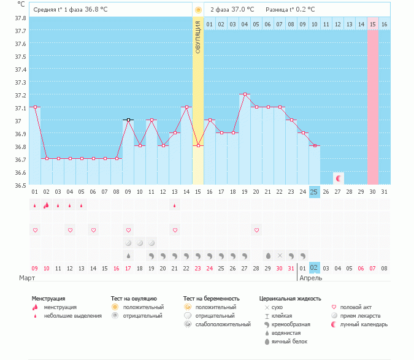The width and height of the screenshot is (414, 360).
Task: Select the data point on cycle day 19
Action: [x=245, y=94]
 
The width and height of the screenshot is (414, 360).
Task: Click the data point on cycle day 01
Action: [x=35, y=107]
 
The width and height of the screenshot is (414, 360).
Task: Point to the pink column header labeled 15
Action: [x=372, y=25]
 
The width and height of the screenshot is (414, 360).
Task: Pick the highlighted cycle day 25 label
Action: [x=314, y=192]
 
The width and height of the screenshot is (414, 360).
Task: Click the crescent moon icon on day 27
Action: [x=338, y=178]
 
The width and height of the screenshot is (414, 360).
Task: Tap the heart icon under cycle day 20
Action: [x=256, y=231]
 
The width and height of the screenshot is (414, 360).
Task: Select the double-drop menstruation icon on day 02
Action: [x=47, y=205]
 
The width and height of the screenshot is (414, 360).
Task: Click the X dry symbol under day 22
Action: [x=280, y=255]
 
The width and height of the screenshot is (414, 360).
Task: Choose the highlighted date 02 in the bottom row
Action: [x=314, y=268]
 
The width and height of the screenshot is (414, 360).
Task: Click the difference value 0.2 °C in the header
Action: [x=305, y=10]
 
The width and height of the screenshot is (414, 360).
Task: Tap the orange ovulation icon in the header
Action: [x=197, y=10]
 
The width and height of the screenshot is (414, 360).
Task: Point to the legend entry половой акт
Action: [x=358, y=307]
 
